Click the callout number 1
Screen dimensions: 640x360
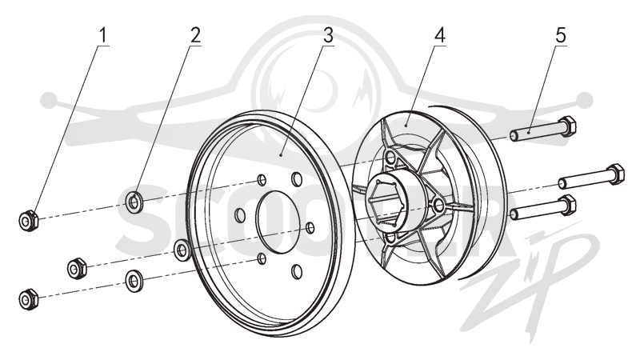[103, 35]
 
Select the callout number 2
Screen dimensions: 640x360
[195, 35]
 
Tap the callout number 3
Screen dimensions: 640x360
[328, 35]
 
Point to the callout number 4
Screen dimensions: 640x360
[439, 35]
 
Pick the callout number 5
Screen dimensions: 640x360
[561, 35]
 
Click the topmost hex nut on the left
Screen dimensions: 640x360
[29, 222]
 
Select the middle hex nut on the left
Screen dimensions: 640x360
[77, 268]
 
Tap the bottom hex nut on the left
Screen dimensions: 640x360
[29, 299]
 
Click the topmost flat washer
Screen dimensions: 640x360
[134, 202]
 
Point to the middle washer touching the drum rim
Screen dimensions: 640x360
[182, 250]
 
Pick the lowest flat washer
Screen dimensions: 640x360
[134, 281]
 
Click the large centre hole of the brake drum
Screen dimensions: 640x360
[278, 222]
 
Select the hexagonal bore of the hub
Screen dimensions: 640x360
[388, 202]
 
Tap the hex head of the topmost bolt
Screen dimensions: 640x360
[566, 126]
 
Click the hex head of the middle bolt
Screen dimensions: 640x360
[615, 174]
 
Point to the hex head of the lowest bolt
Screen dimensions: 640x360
[566, 205]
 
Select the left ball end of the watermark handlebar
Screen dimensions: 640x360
[49, 100]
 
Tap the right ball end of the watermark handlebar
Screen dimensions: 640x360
[585, 100]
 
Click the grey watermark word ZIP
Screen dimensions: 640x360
[530, 282]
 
